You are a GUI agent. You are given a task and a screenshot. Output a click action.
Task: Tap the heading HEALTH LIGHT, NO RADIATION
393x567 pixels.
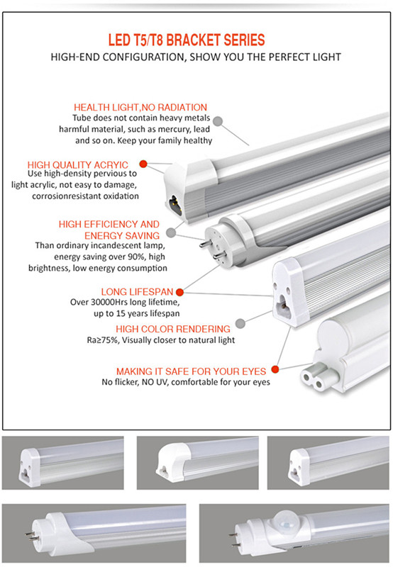140,107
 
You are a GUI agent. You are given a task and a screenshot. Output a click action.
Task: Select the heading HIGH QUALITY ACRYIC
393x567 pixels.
78,164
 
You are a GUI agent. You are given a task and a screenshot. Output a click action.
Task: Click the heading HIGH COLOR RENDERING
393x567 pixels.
173,329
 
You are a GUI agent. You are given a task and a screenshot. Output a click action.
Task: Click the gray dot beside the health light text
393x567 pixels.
218,122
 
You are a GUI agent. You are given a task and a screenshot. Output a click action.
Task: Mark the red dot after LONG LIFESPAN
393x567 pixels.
179,291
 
